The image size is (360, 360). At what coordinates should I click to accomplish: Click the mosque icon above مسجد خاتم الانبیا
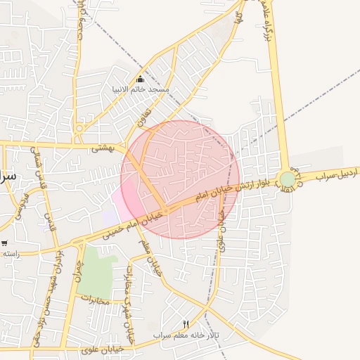pyautogui.click(x=140, y=79)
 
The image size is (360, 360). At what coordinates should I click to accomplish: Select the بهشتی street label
pyautogui.click(x=103, y=148)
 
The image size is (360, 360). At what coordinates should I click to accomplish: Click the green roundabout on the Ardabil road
pyautogui.click(x=288, y=179)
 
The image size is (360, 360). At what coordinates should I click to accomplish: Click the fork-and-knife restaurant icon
pyautogui.click(x=186, y=324)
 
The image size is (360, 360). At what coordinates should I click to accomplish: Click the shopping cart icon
pyautogui.click(x=4, y=243)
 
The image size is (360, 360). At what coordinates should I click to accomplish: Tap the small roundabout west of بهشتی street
pyautogui.click(x=79, y=129)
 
